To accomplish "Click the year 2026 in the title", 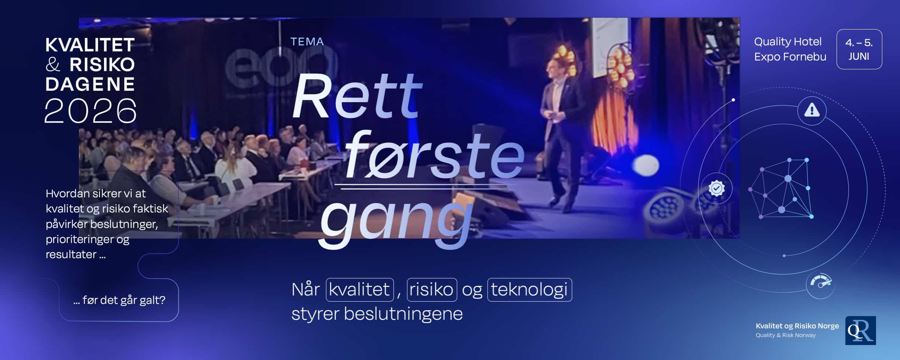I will [90, 111].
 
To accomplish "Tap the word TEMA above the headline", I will [307, 42].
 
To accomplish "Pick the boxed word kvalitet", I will [360, 290].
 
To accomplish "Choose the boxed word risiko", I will [432, 290].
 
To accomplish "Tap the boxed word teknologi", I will [529, 290].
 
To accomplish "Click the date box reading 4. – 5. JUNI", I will [859, 49].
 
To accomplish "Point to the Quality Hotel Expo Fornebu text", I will [790, 49].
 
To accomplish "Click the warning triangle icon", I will [812, 110].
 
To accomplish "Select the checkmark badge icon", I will [716, 188].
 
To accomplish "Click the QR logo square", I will [860, 330].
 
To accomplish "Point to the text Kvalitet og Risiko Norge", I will [797, 326].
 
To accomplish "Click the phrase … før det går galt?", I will [119, 300].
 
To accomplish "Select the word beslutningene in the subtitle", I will [403, 314].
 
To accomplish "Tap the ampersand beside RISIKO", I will [53, 65].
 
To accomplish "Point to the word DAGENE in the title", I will [90, 84].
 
